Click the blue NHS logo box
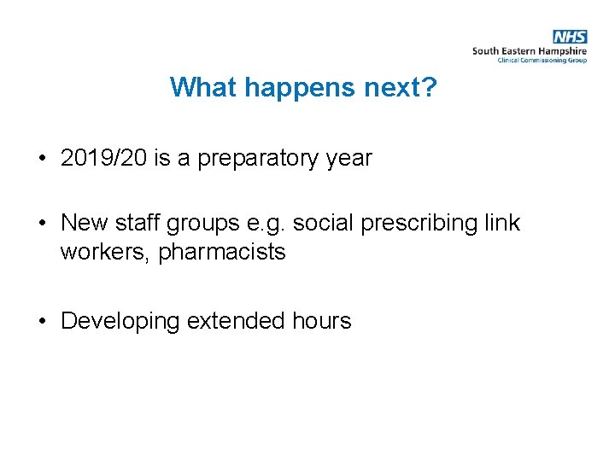pyautogui.click(x=570, y=37)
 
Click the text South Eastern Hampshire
pyautogui.click(x=529, y=51)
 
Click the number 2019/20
pyautogui.click(x=104, y=158)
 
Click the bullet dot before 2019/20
pyautogui.click(x=42, y=159)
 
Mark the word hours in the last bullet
pyautogui.click(x=321, y=321)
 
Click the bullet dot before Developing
pyautogui.click(x=42, y=322)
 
